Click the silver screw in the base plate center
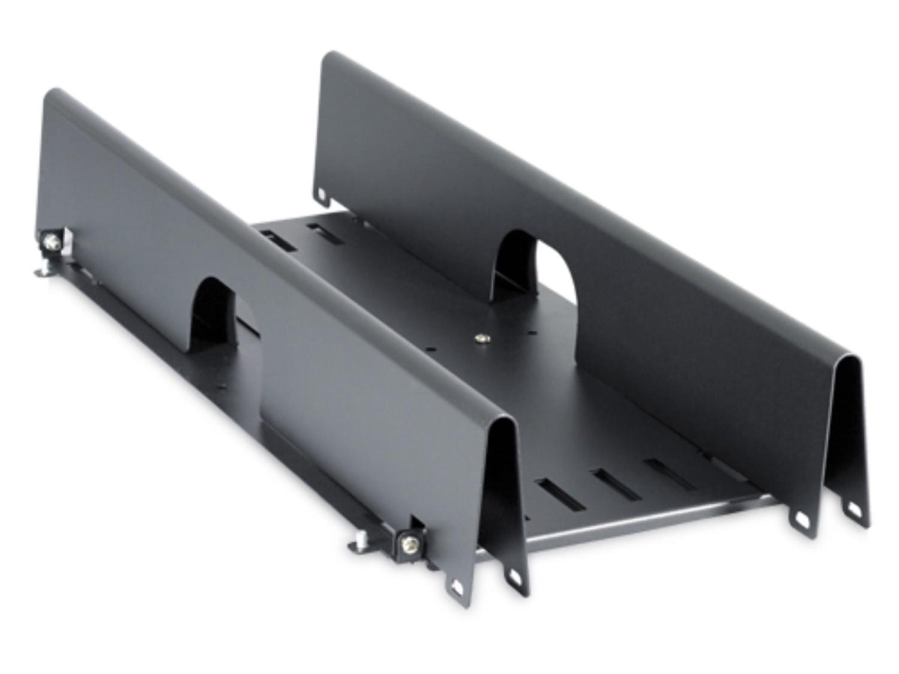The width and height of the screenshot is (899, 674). (x=479, y=338)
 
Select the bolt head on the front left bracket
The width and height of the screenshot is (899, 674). (x=409, y=544)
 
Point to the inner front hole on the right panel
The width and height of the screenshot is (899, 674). (x=801, y=518)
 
